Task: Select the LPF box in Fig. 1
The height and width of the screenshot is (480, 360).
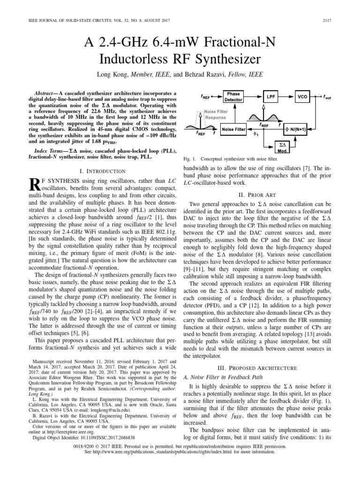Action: click(270, 96)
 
